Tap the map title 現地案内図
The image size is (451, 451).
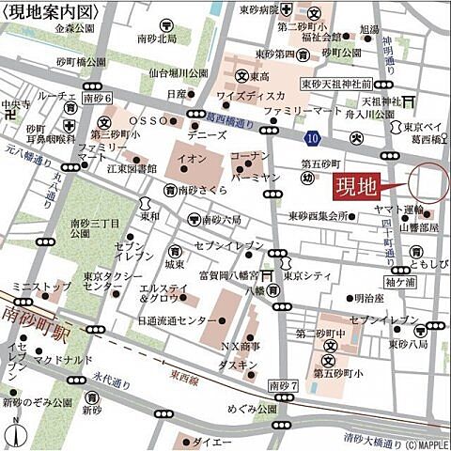(49, 10)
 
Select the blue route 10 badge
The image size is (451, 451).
(312, 138)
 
